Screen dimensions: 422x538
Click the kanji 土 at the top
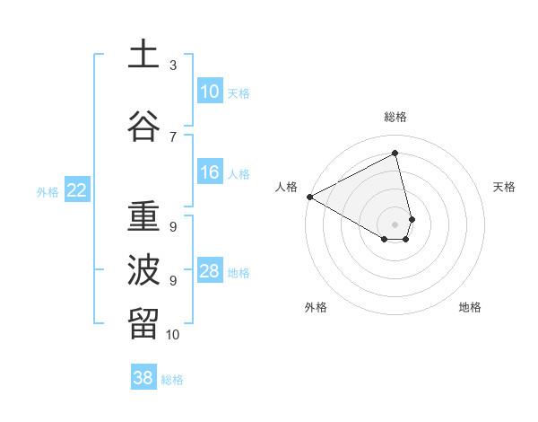(143, 54)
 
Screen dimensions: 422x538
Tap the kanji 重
(143, 217)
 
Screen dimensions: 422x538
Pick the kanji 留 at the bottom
(143, 322)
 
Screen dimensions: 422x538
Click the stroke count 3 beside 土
(173, 66)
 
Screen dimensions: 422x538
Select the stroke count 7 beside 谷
(173, 136)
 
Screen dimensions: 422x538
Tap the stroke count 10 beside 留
(173, 335)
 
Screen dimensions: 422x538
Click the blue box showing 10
(210, 91)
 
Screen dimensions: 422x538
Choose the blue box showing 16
(210, 172)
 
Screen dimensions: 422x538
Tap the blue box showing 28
(210, 271)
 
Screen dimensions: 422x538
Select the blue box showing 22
(77, 189)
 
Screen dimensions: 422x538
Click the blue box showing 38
(143, 378)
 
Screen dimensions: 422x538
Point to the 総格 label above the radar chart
(395, 117)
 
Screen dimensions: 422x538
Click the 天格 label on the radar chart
(504, 187)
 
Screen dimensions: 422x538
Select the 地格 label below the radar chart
(470, 307)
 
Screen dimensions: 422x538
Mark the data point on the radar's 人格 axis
(309, 197)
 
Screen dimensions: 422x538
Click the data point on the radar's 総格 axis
(395, 153)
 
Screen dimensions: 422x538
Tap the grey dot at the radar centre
(395, 223)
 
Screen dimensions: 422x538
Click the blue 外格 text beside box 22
(48, 191)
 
